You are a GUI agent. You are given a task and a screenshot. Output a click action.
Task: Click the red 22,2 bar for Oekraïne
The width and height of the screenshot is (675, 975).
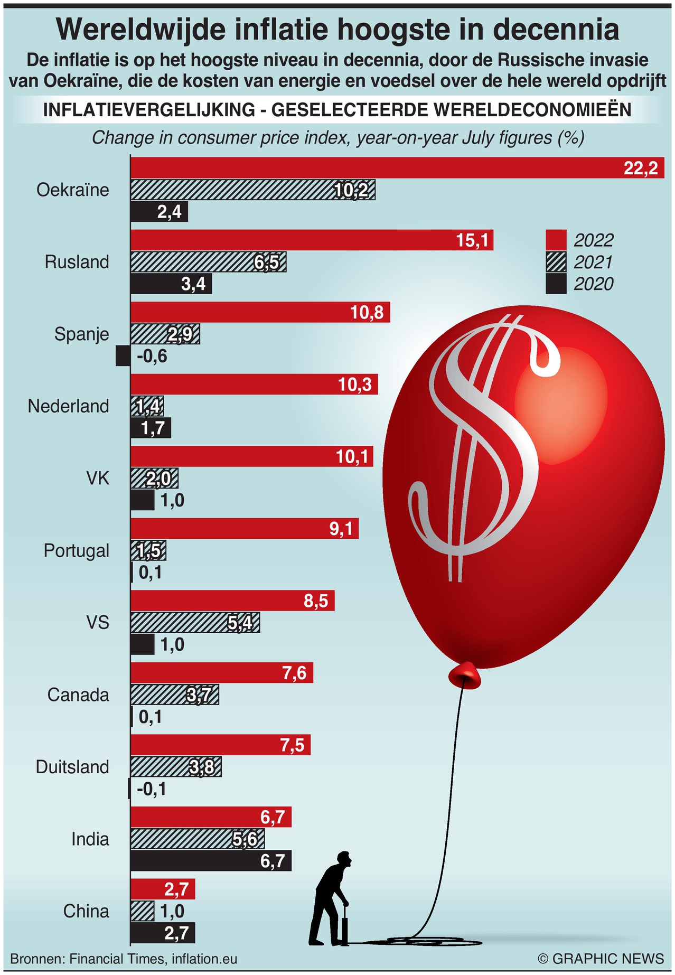click(396, 167)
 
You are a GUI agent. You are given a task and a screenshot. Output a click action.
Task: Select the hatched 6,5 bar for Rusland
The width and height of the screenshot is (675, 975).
click(208, 262)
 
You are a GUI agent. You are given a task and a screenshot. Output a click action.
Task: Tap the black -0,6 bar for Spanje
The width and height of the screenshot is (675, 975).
click(123, 356)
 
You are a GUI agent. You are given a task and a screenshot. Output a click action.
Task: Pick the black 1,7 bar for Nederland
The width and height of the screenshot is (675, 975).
click(151, 428)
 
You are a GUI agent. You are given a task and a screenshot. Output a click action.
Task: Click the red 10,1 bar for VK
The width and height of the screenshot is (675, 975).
click(251, 456)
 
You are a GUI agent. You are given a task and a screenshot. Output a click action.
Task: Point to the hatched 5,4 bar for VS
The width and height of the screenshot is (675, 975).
click(195, 623)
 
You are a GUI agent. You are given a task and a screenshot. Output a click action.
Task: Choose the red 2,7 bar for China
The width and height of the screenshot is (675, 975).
click(163, 889)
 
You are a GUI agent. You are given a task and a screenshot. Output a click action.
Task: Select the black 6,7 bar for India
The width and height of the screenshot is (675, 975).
click(211, 861)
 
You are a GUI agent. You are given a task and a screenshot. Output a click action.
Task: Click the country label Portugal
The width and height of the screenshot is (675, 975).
click(77, 550)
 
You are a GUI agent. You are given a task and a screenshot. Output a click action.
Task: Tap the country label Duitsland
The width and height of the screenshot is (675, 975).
click(72, 767)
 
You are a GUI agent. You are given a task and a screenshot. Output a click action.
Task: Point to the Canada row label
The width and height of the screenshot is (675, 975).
click(78, 695)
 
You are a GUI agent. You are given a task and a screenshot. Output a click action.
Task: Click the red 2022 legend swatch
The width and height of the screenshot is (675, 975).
click(556, 240)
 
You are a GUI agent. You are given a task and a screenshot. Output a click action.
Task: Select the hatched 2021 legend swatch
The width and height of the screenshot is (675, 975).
click(556, 262)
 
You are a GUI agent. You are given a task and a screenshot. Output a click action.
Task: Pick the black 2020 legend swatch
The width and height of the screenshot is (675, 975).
click(556, 284)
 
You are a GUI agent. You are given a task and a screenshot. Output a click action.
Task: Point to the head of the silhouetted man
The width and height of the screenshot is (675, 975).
click(344, 859)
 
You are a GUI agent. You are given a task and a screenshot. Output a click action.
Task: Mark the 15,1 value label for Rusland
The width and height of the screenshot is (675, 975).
click(472, 241)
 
